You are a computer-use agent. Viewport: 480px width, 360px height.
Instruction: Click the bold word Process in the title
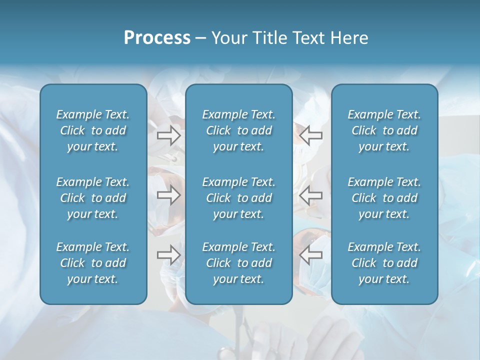pyautogui.click(x=157, y=38)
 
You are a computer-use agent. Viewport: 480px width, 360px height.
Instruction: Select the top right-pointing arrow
pyautogui.click(x=169, y=135)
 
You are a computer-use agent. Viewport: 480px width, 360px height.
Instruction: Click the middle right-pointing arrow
pyautogui.click(x=169, y=195)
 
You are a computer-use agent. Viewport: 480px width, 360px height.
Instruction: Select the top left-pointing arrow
pyautogui.click(x=310, y=135)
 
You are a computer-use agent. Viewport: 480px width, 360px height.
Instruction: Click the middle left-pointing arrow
pyautogui.click(x=310, y=195)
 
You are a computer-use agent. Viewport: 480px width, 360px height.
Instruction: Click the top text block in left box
pyautogui.click(x=93, y=130)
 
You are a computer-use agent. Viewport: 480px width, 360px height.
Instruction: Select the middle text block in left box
pyautogui.click(x=93, y=198)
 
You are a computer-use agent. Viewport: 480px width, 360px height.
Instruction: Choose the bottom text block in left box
pyautogui.click(x=93, y=263)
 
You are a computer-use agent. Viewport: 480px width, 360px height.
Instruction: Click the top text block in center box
pyautogui.click(x=238, y=130)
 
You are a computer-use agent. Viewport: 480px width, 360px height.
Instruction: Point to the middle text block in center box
pyautogui.click(x=238, y=198)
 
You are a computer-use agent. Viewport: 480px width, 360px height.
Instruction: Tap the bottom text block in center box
pyautogui.click(x=238, y=263)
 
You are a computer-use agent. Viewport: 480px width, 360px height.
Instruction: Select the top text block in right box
pyautogui.click(x=384, y=130)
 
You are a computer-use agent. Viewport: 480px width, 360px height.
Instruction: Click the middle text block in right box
pyautogui.click(x=384, y=198)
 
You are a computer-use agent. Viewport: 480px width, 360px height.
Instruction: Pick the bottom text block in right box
pyautogui.click(x=384, y=263)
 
